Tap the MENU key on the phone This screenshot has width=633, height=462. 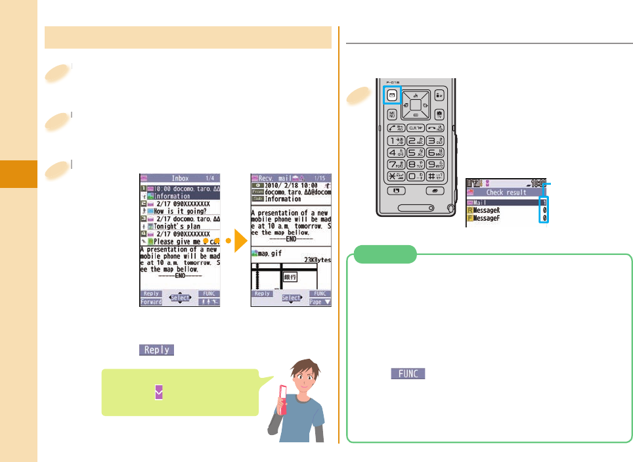pyautogui.click(x=392, y=115)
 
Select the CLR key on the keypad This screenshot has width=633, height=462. pyautogui.click(x=414, y=128)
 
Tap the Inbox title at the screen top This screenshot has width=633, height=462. pyautogui.click(x=179, y=178)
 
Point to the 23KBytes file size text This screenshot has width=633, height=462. pyautogui.click(x=314, y=260)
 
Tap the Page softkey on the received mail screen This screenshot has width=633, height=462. pyautogui.click(x=320, y=302)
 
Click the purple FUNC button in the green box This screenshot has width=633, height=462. pyautogui.click(x=408, y=373)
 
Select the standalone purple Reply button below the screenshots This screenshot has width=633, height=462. pyautogui.click(x=156, y=350)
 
